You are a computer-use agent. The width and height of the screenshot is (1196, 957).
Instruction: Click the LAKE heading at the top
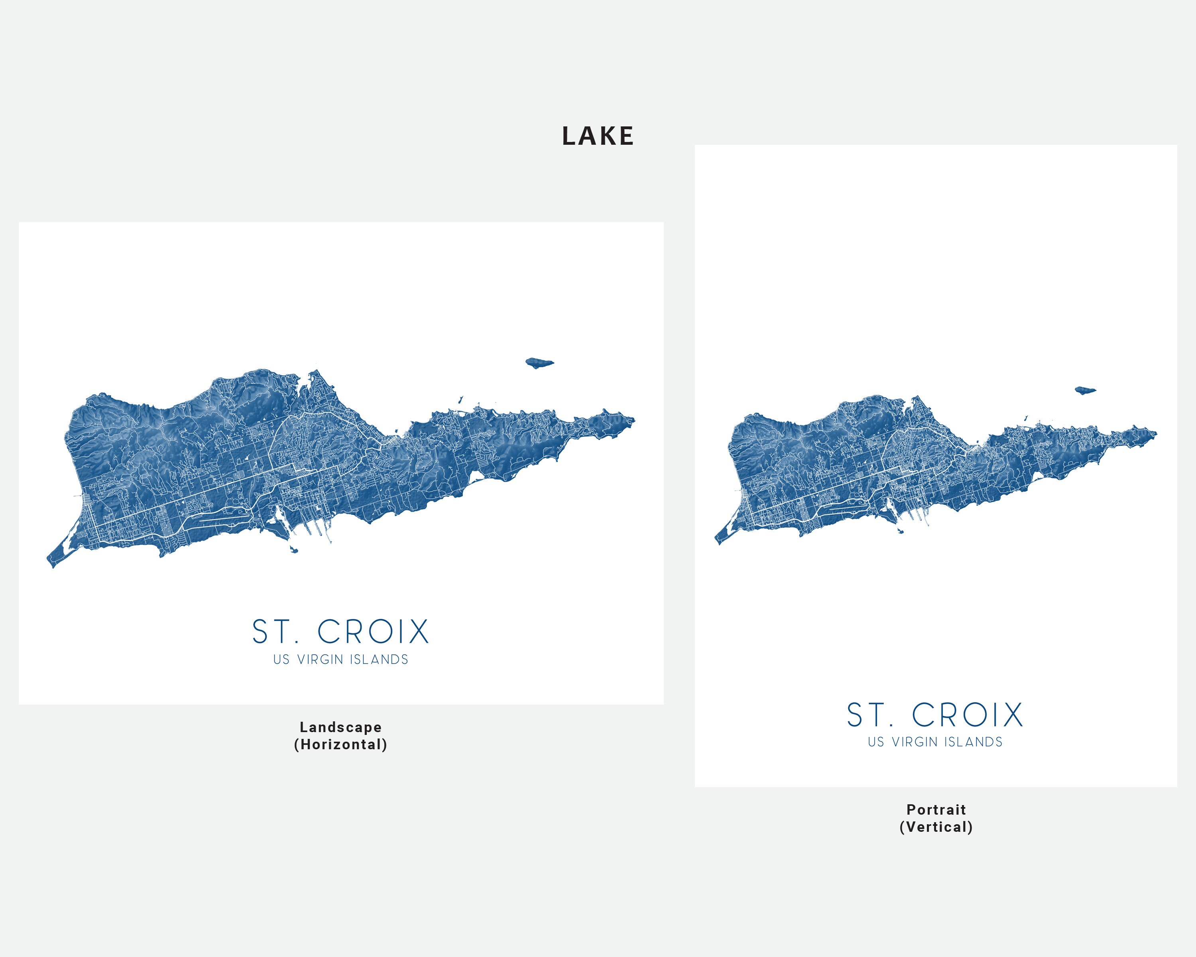click(598, 136)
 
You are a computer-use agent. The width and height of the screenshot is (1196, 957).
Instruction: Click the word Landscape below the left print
click(340, 727)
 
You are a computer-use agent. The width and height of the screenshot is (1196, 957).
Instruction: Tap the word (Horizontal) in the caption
click(340, 744)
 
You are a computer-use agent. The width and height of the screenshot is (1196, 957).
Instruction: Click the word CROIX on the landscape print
click(373, 632)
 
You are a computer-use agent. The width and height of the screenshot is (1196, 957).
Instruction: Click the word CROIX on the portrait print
click(968, 715)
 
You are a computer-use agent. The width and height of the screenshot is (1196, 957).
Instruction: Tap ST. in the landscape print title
click(275, 632)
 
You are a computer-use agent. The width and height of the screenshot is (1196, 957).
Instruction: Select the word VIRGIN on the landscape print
click(321, 660)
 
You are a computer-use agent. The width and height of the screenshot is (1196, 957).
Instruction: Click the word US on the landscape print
click(281, 660)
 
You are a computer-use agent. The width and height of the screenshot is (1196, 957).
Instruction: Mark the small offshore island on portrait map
click(1086, 390)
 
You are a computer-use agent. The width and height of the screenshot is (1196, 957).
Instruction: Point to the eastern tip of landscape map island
click(633, 421)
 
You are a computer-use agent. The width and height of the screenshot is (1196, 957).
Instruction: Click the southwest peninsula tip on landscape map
click(51, 564)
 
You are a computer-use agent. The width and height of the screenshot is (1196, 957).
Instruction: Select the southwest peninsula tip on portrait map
click(718, 542)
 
